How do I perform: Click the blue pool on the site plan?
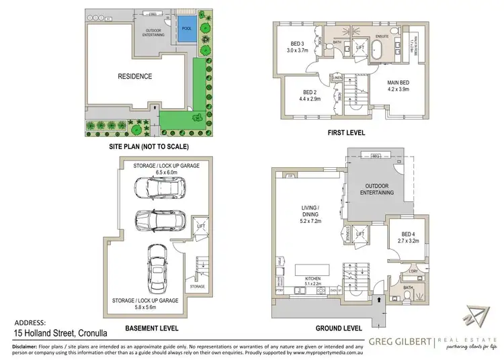click(186, 27)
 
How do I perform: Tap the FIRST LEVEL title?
click(345, 133)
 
